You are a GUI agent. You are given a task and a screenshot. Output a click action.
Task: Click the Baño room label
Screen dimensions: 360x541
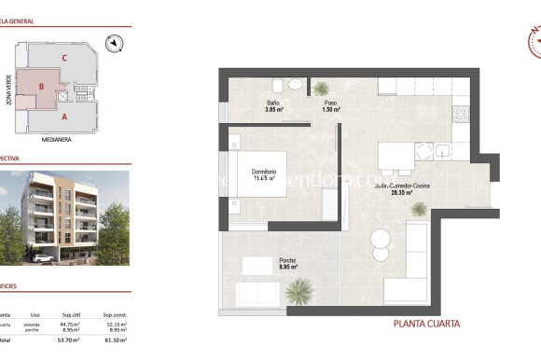(273, 103)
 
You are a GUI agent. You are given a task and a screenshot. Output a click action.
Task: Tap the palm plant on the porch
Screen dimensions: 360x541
(298, 293)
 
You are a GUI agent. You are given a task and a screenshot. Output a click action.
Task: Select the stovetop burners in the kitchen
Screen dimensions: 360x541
(458, 115)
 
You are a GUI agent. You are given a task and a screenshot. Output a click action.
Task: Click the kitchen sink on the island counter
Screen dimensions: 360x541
(440, 150)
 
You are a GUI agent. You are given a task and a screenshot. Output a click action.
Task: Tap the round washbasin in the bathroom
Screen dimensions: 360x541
(295, 84)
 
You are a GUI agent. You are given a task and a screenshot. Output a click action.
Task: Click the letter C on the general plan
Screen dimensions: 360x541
(63, 58)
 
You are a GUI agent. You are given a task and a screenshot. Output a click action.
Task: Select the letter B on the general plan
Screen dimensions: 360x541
(43, 86)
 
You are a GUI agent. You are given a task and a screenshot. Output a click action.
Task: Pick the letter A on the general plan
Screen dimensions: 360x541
(63, 118)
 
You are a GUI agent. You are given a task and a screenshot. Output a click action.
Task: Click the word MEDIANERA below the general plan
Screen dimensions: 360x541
(58, 139)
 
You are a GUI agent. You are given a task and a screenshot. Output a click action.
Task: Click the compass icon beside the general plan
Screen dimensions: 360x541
(113, 42)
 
